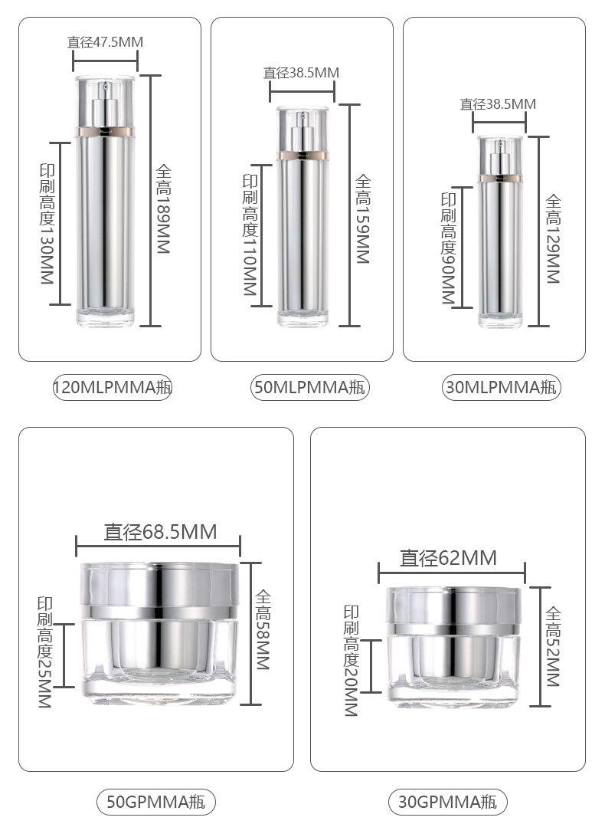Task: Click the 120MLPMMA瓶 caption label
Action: pos(112,387)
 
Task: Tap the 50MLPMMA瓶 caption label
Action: pos(309,387)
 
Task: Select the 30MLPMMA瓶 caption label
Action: pos(502,387)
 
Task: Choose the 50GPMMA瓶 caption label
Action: pos(155,802)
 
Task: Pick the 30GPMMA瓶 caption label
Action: pos(447,802)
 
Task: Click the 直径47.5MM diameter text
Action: pos(105,41)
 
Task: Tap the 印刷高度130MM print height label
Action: pos(47,224)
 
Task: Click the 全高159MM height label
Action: pos(363,219)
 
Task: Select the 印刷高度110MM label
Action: pos(250,235)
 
